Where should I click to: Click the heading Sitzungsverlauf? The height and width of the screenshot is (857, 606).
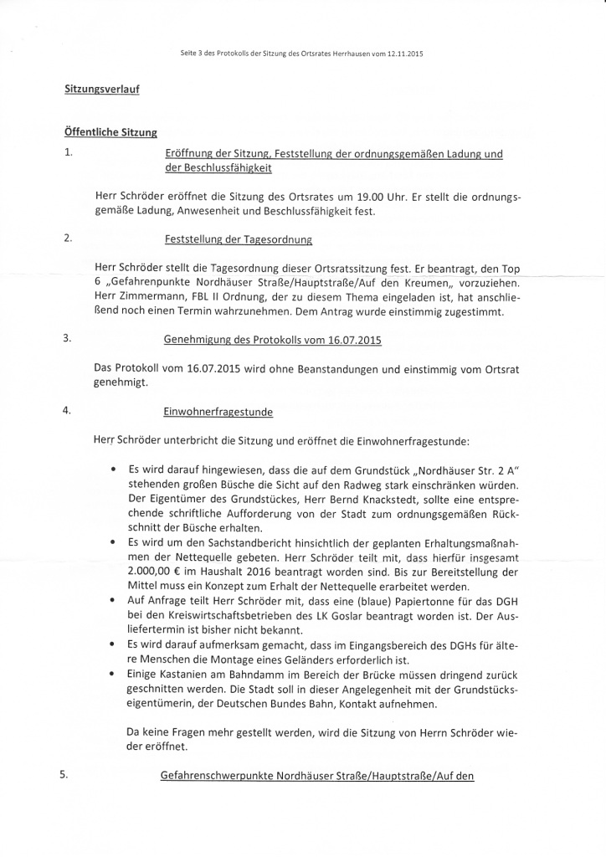click(x=101, y=90)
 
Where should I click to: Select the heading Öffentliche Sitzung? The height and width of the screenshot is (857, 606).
click(x=110, y=132)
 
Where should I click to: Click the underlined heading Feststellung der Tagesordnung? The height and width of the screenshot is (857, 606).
click(x=239, y=239)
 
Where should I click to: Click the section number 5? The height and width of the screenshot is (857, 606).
click(x=64, y=775)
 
